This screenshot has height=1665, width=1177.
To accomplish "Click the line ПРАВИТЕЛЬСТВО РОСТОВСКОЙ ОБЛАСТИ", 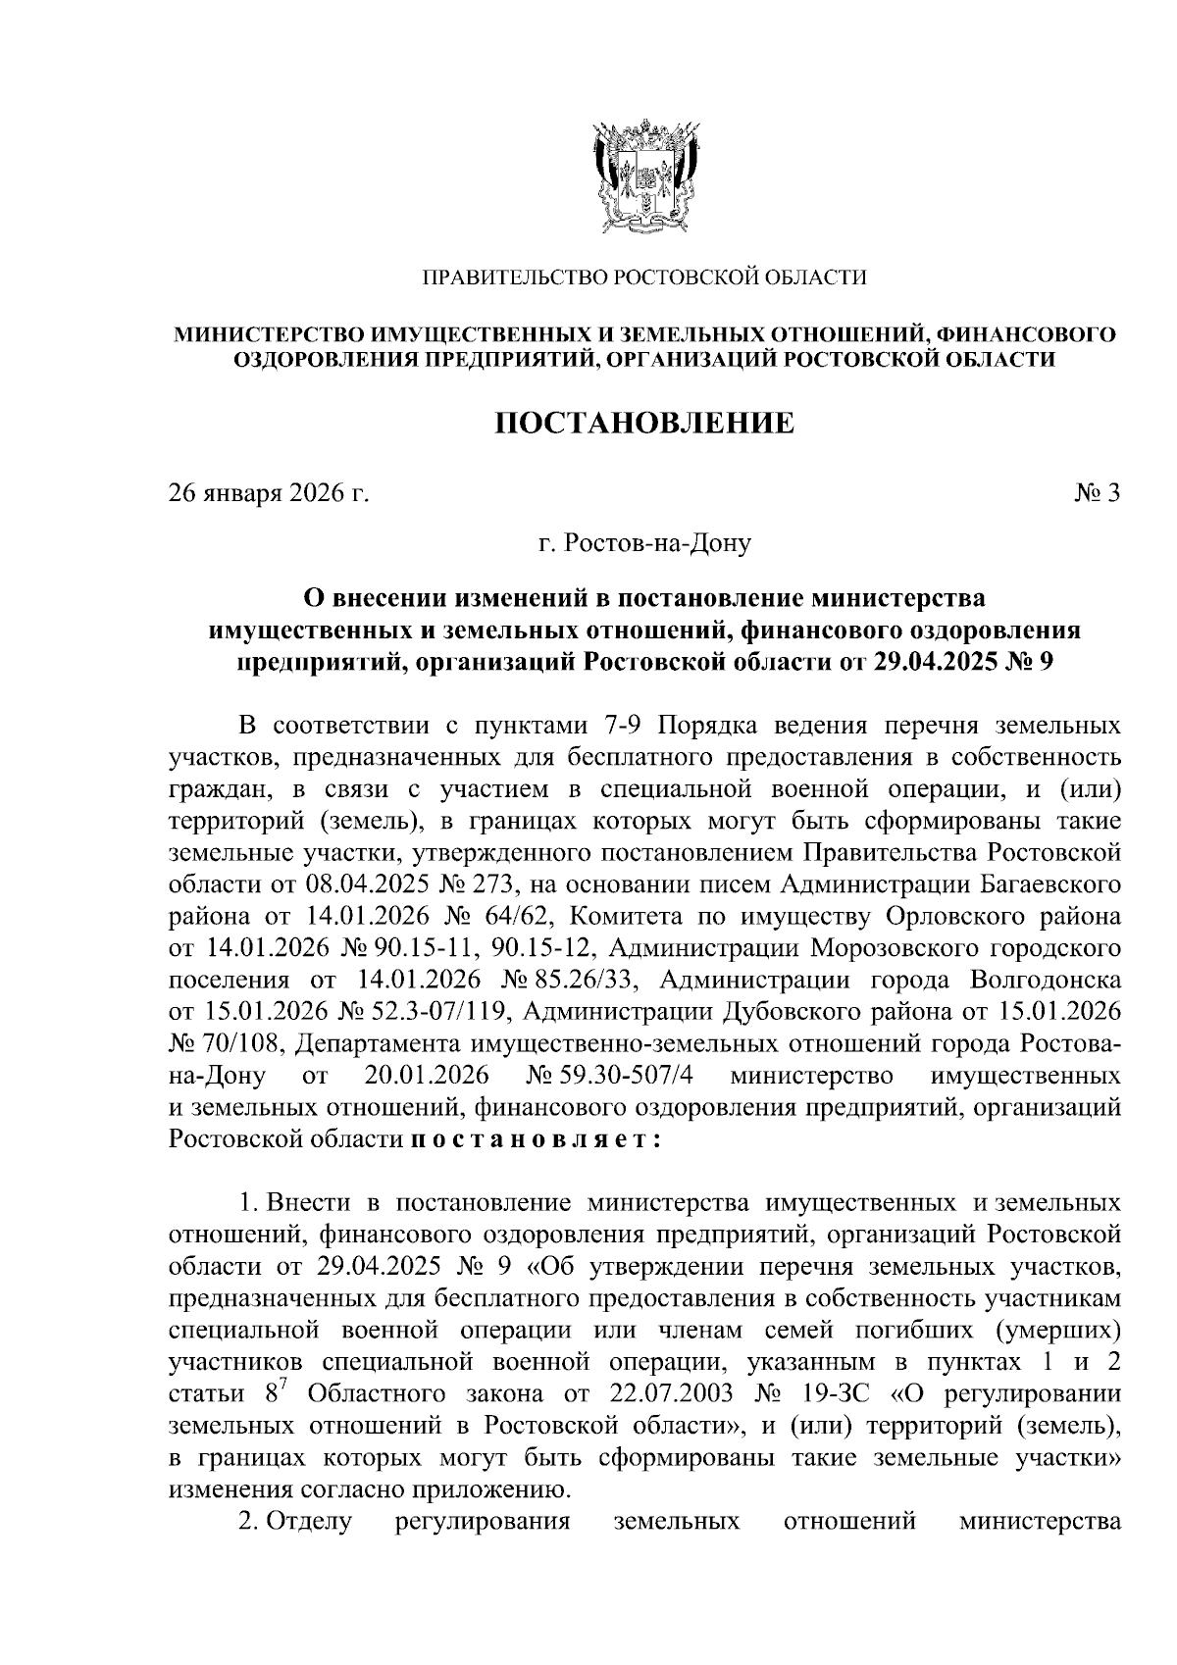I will pos(643,278).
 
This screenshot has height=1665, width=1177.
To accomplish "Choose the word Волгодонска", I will pos(1044,981).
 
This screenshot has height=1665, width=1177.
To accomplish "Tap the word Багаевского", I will pos(1051,885).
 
